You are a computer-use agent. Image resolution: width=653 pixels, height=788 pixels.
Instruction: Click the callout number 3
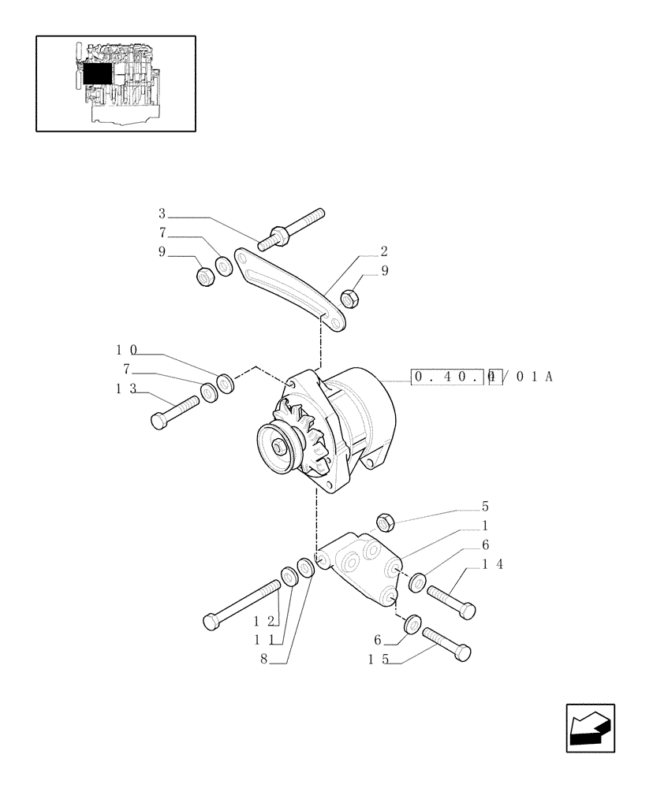pos(162,214)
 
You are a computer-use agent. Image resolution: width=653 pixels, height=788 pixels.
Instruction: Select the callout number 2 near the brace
pos(383,252)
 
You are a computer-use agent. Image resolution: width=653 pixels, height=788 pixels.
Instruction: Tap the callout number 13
pos(125,388)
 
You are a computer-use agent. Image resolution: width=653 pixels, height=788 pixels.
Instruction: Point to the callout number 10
pos(126,349)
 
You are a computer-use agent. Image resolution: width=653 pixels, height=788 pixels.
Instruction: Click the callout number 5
pos(485,507)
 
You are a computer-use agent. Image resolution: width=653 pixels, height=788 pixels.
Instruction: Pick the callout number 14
pos(492,564)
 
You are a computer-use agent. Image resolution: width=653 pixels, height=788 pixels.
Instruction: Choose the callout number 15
pos(378,660)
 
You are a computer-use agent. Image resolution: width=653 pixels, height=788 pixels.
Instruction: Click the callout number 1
pos(485,526)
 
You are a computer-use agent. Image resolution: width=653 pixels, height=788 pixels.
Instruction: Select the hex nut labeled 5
pos(385,522)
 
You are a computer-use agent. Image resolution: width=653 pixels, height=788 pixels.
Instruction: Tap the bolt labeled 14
pos(451,600)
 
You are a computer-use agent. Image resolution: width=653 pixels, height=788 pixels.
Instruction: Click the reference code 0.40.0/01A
pos(482,377)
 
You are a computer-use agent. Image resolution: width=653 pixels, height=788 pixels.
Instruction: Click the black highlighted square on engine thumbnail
pos(98,76)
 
